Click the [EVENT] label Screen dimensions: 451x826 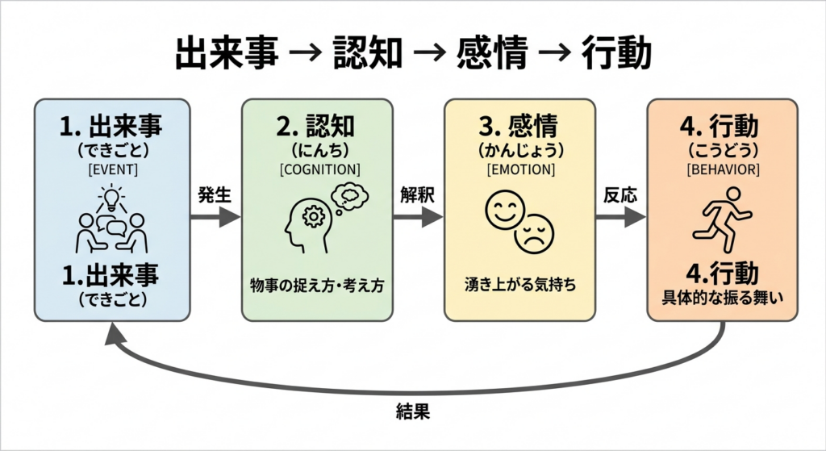tap(111, 169)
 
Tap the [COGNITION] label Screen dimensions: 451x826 tap(319, 169)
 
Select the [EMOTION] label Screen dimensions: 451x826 tap(519, 169)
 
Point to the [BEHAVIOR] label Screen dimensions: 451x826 tap(722, 169)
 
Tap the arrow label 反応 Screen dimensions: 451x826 tap(619, 194)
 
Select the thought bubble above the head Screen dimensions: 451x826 tap(348, 196)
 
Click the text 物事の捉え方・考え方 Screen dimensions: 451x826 tap(318, 286)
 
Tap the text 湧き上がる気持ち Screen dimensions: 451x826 tap(519, 286)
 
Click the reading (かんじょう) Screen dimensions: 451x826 tap(519, 151)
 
